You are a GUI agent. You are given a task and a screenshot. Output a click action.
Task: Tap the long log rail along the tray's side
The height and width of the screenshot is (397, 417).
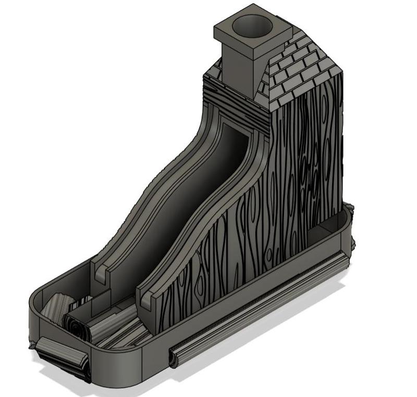coord(261,307)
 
